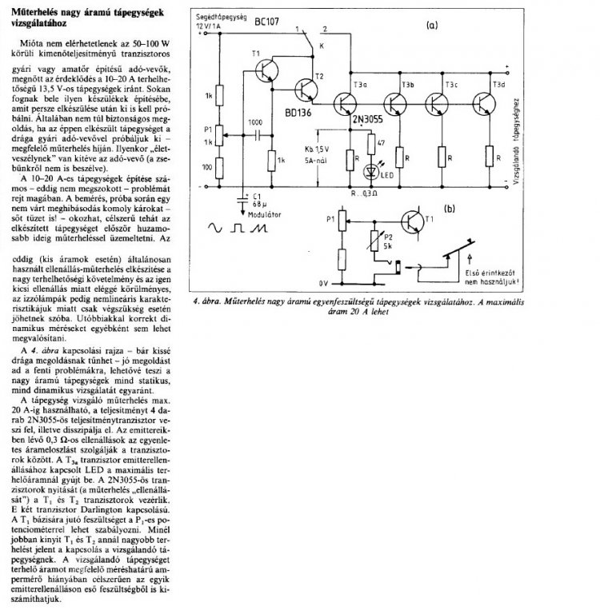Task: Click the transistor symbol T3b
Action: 394,102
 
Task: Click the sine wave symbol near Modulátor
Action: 215,228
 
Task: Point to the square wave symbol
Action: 238,228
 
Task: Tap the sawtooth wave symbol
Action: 259,228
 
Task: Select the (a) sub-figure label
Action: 433,26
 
